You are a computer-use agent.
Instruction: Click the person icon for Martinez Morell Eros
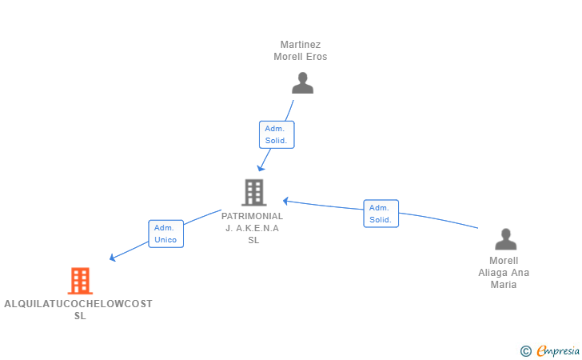[x=302, y=83]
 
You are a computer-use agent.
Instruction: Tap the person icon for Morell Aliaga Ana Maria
[x=505, y=239]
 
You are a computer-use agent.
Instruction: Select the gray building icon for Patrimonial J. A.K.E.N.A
[x=254, y=193]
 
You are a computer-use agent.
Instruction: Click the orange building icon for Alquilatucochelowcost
[x=80, y=281]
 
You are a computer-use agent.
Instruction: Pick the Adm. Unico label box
[x=166, y=234]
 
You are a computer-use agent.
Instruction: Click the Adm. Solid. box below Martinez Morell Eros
[x=277, y=134]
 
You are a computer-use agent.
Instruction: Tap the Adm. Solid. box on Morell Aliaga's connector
[x=381, y=214]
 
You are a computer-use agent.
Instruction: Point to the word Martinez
[x=301, y=45]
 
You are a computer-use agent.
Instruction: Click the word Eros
[x=317, y=57]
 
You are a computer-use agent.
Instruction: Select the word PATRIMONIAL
[x=252, y=216]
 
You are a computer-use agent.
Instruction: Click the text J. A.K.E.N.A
[x=252, y=228]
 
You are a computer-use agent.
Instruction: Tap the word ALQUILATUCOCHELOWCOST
[x=78, y=304]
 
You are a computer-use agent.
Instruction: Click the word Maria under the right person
[x=504, y=285]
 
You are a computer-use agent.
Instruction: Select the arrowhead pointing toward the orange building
[x=113, y=258]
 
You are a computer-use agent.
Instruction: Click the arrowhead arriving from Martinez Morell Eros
[x=261, y=168]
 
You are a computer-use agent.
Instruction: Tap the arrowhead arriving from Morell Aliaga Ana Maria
[x=286, y=201]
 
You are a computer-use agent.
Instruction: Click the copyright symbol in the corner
[x=525, y=351]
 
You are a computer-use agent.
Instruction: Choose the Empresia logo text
[x=558, y=350]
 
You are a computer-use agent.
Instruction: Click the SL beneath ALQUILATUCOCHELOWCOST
[x=80, y=316]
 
